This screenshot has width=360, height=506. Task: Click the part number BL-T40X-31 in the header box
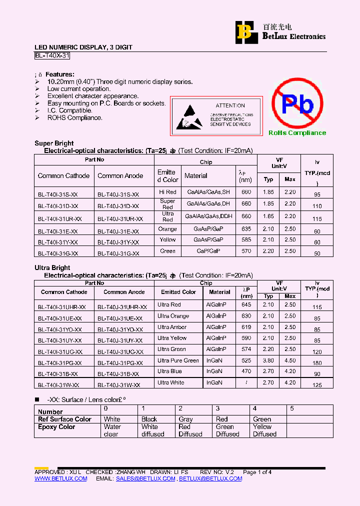[52, 56]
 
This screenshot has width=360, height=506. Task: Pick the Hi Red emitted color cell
[167, 192]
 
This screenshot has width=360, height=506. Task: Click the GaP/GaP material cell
[208, 251]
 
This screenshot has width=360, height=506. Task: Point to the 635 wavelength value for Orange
[246, 229]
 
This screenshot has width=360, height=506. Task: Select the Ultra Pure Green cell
[178, 360]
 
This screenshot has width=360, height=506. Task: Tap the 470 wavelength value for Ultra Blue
[246, 371]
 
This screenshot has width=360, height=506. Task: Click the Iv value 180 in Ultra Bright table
[317, 363]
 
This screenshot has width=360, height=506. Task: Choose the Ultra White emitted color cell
[171, 382]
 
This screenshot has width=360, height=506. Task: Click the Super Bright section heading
[54, 143]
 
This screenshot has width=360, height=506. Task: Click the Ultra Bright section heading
[52, 267]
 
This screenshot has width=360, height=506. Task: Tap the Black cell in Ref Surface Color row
[149, 419]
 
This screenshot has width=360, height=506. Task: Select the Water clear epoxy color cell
[112, 430]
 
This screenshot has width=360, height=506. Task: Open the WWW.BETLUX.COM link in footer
[60, 478]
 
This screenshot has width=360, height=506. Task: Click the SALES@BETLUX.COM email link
[145, 478]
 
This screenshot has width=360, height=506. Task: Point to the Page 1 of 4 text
[257, 472]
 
